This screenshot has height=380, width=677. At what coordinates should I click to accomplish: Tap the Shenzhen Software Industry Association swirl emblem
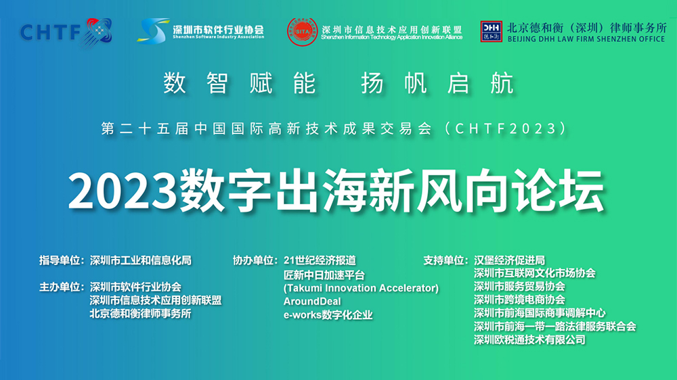pos(154,30)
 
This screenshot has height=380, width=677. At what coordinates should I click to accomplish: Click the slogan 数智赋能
pos(240,83)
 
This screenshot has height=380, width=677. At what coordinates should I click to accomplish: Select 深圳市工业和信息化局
pos(141,260)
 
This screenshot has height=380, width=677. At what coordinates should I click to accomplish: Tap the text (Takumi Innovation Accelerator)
pos(361,288)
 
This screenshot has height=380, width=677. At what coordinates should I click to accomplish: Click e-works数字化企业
pos(328,314)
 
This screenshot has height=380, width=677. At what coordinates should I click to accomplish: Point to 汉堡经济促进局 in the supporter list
pos(510,260)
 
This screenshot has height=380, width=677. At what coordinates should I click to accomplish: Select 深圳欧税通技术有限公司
pos(529,340)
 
